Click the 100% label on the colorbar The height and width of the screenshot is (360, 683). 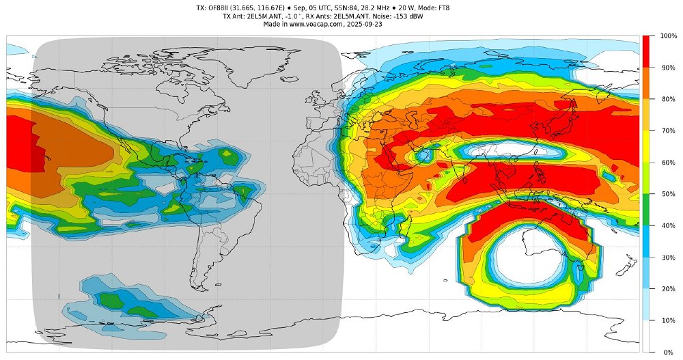[669, 36]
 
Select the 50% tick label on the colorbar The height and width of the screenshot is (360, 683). [667, 194]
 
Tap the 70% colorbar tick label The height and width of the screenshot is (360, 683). [667, 130]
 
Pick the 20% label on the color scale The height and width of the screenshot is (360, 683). [667, 289]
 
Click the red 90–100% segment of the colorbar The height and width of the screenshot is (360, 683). [649, 51]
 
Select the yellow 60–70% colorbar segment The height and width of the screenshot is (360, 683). [649, 146]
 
